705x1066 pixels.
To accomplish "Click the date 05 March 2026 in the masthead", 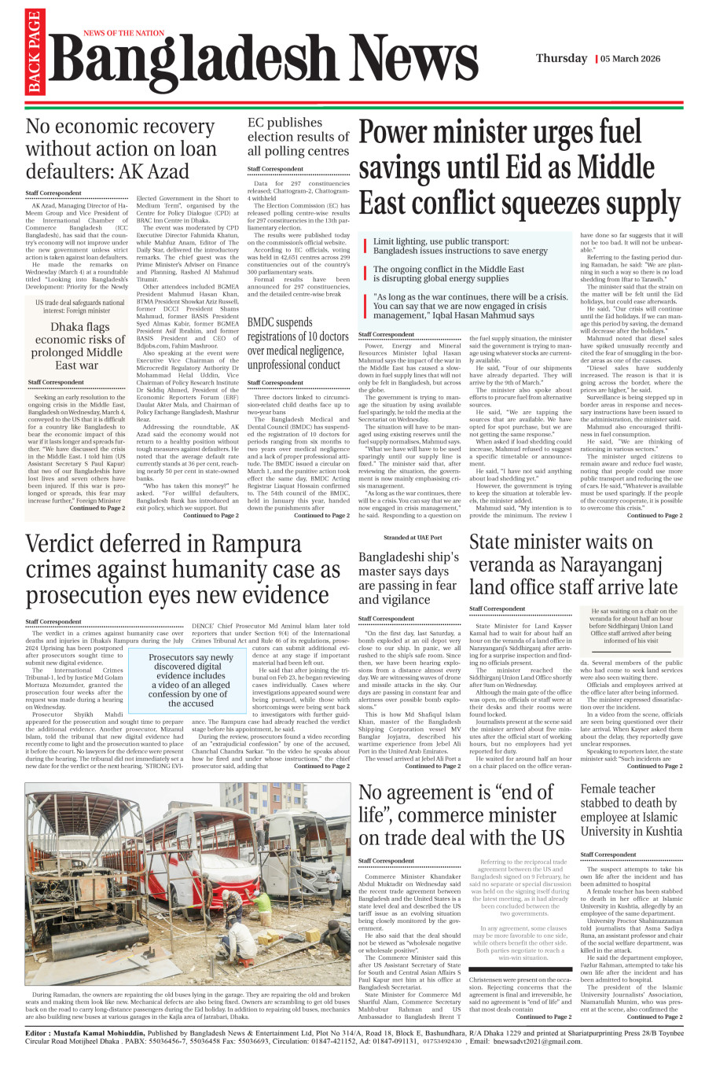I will (631, 59).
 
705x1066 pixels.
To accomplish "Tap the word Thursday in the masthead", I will (561, 59).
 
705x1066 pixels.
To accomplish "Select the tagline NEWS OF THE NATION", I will (123, 34).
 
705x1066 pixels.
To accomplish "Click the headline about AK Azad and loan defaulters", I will (120, 149).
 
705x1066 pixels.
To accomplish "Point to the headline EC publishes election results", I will (298, 137).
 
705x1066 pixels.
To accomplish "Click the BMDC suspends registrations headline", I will (298, 344).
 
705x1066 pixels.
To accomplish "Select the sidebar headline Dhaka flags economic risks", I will (76, 346).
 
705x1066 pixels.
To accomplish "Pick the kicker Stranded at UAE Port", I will (408, 538).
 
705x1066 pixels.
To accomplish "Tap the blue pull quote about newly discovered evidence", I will (191, 680).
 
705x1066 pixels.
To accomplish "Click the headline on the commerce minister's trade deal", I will (461, 814).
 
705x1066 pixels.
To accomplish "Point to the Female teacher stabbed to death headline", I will (631, 810).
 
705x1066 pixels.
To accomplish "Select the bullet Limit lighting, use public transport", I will (460, 246).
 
